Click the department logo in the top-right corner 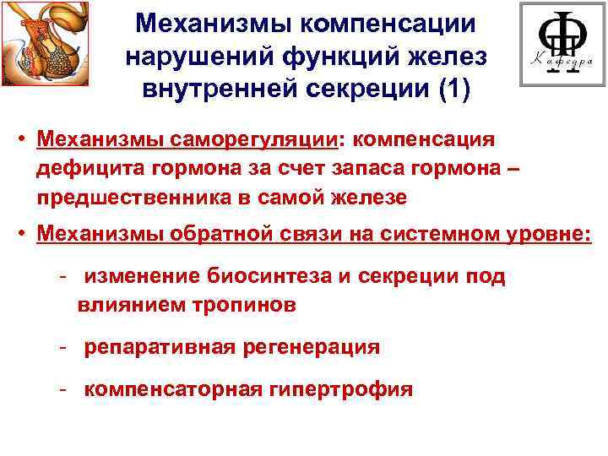[561, 44]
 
